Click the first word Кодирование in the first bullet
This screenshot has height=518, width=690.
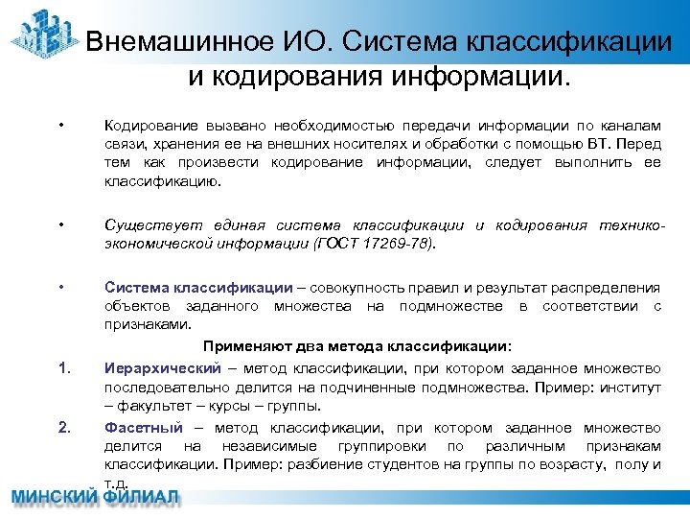click(x=146, y=127)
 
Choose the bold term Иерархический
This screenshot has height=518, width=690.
click(x=161, y=368)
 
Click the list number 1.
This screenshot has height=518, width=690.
click(x=62, y=368)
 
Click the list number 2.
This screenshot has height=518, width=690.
click(x=62, y=428)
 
